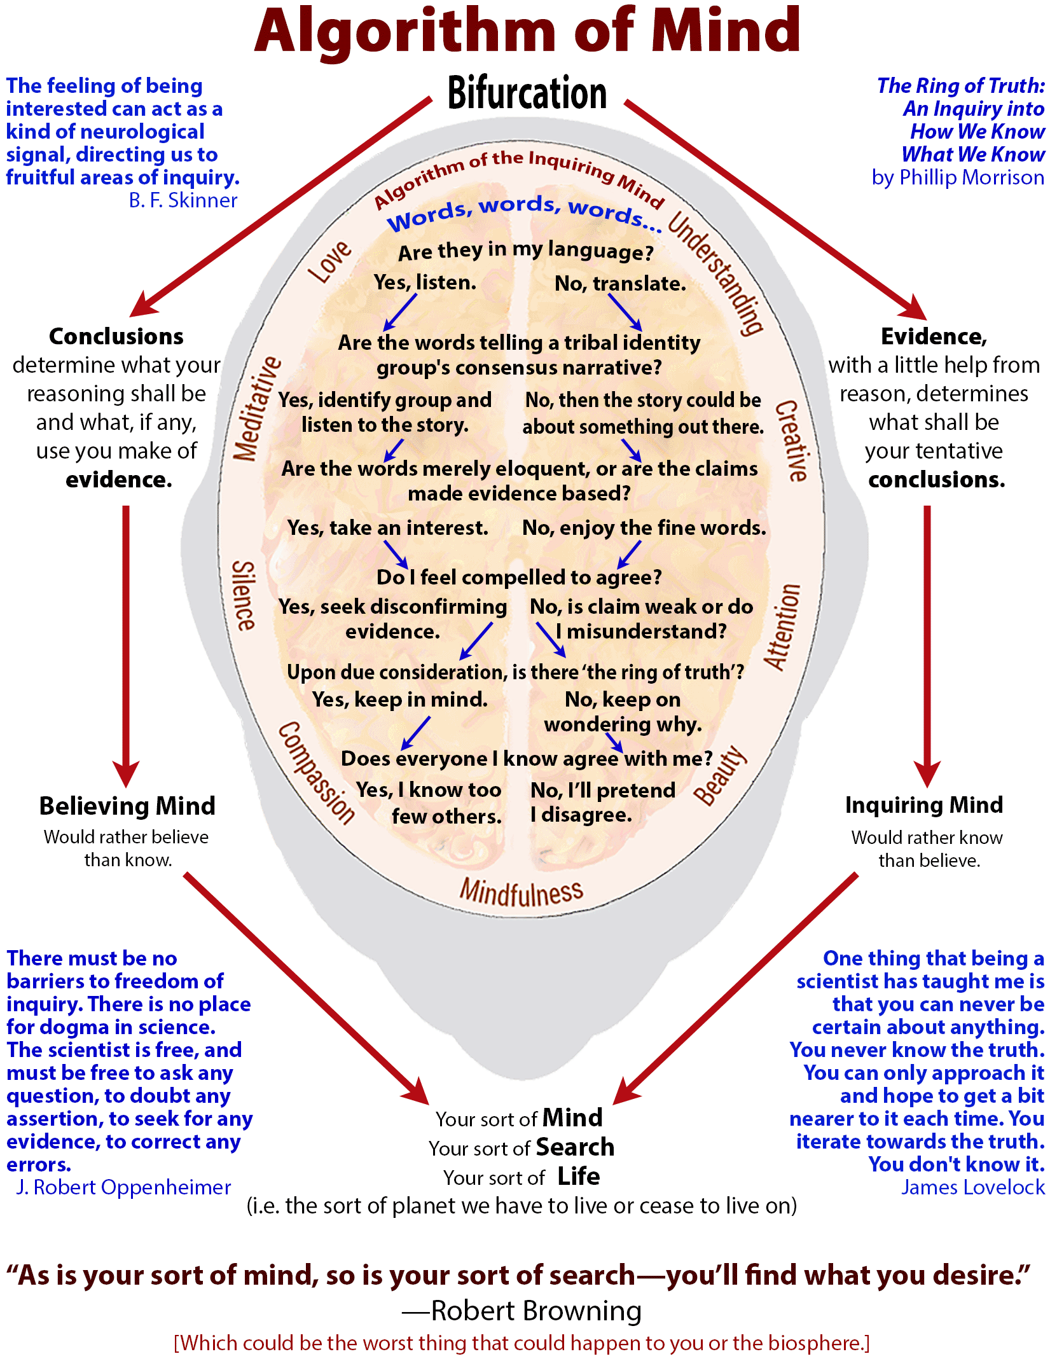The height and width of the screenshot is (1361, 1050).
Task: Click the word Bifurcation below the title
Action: (527, 93)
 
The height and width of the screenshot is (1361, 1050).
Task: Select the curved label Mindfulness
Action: (521, 892)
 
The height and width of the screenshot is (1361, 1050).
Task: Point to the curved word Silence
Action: (244, 595)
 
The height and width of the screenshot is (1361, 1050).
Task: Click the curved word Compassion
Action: (317, 773)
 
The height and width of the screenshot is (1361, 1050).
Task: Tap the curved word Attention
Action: (782, 627)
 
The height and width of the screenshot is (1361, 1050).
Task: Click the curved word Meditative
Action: (256, 408)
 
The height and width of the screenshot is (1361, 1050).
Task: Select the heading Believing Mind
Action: (127, 806)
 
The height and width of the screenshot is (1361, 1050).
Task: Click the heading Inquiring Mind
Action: (923, 805)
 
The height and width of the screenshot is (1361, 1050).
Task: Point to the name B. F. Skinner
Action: (183, 200)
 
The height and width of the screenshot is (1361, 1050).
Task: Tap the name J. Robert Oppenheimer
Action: (123, 1187)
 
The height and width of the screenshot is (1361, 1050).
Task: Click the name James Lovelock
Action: (972, 1187)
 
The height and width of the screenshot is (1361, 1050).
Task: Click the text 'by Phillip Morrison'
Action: (958, 177)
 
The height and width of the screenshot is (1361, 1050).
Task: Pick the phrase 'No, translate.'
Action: (620, 283)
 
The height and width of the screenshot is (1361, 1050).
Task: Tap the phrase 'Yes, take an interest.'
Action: (387, 527)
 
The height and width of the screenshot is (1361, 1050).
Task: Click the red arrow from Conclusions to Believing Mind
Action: (126, 642)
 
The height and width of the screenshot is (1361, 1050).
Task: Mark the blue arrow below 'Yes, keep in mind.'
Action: (415, 733)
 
